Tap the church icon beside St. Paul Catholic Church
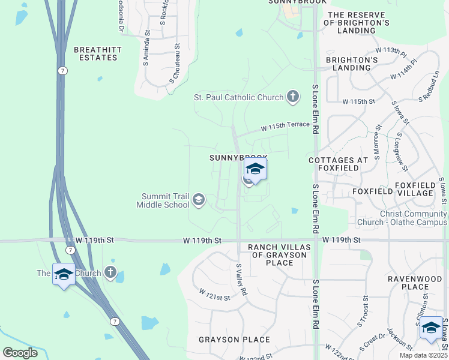pos(292,97)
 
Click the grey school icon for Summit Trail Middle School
pos(199,200)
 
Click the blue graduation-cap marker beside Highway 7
pos(64,274)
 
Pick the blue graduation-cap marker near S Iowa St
pos(431,328)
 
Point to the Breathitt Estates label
pos(95,53)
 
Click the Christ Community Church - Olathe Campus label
pos(413,218)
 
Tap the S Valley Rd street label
pos(242,279)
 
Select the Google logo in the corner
pos(20,353)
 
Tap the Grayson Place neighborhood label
pos(235,340)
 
